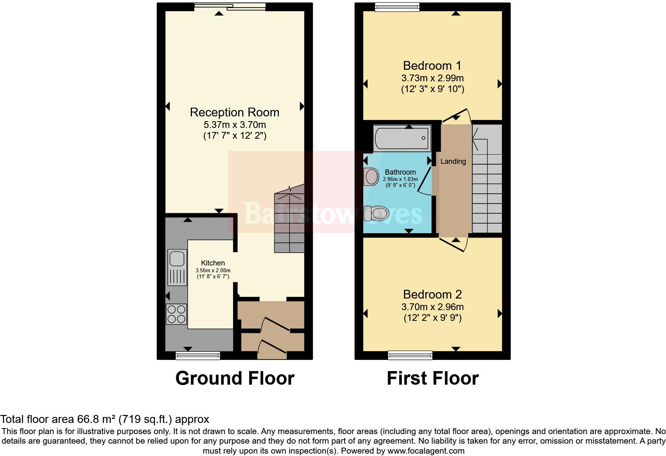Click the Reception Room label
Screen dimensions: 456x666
pos(234,112)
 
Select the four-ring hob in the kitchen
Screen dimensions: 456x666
pos(176,314)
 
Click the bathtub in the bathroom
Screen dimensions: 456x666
pos(402,138)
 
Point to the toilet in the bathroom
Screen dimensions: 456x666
pos(376,213)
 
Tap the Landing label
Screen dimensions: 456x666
pos(453,161)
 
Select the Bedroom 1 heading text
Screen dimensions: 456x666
pos(432,65)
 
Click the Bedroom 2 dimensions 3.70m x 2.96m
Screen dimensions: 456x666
pos(432,307)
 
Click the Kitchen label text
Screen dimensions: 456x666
pos(213,263)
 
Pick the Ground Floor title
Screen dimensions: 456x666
pos(235,378)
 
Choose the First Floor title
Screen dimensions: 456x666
pos(433,378)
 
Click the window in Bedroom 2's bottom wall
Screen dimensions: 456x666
pos(410,354)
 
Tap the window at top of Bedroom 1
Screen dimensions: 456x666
pos(397,6)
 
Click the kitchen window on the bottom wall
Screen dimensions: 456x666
pos(198,355)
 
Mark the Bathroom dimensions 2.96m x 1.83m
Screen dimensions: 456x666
pos(400,179)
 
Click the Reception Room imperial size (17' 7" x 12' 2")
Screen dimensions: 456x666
pos(234,136)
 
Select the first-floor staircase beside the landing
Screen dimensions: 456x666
pos(487,179)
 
